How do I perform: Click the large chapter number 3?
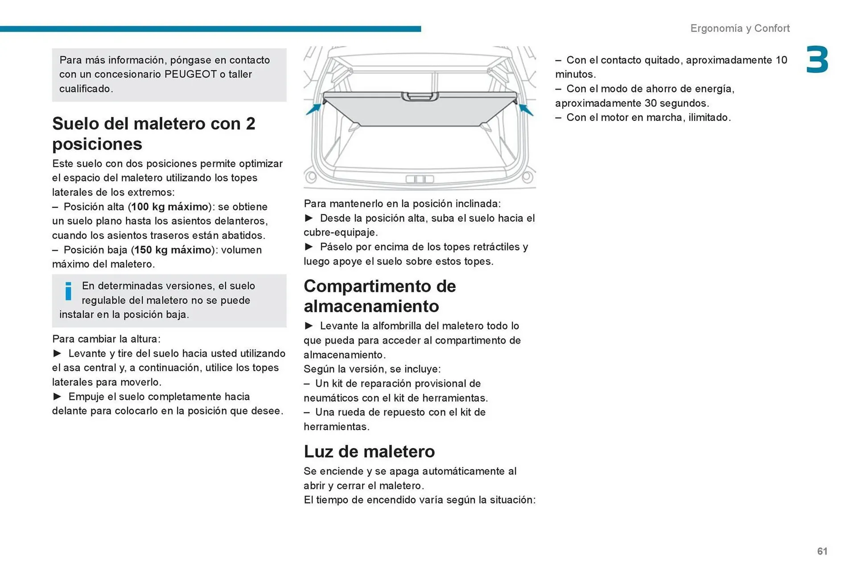point(817,60)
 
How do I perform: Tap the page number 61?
point(822,551)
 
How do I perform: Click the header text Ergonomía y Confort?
point(740,28)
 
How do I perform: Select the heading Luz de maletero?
point(369,451)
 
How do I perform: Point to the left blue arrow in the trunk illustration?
point(314,108)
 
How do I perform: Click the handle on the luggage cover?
point(420,96)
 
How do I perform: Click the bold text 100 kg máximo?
point(169,207)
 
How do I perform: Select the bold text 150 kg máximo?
point(173,250)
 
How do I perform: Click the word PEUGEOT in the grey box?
point(190,74)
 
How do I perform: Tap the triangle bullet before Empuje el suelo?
point(58,396)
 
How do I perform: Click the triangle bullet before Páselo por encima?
point(309,246)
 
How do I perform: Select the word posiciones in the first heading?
point(97,144)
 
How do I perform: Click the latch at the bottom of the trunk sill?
point(420,179)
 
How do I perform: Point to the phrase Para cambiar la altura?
point(106,339)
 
